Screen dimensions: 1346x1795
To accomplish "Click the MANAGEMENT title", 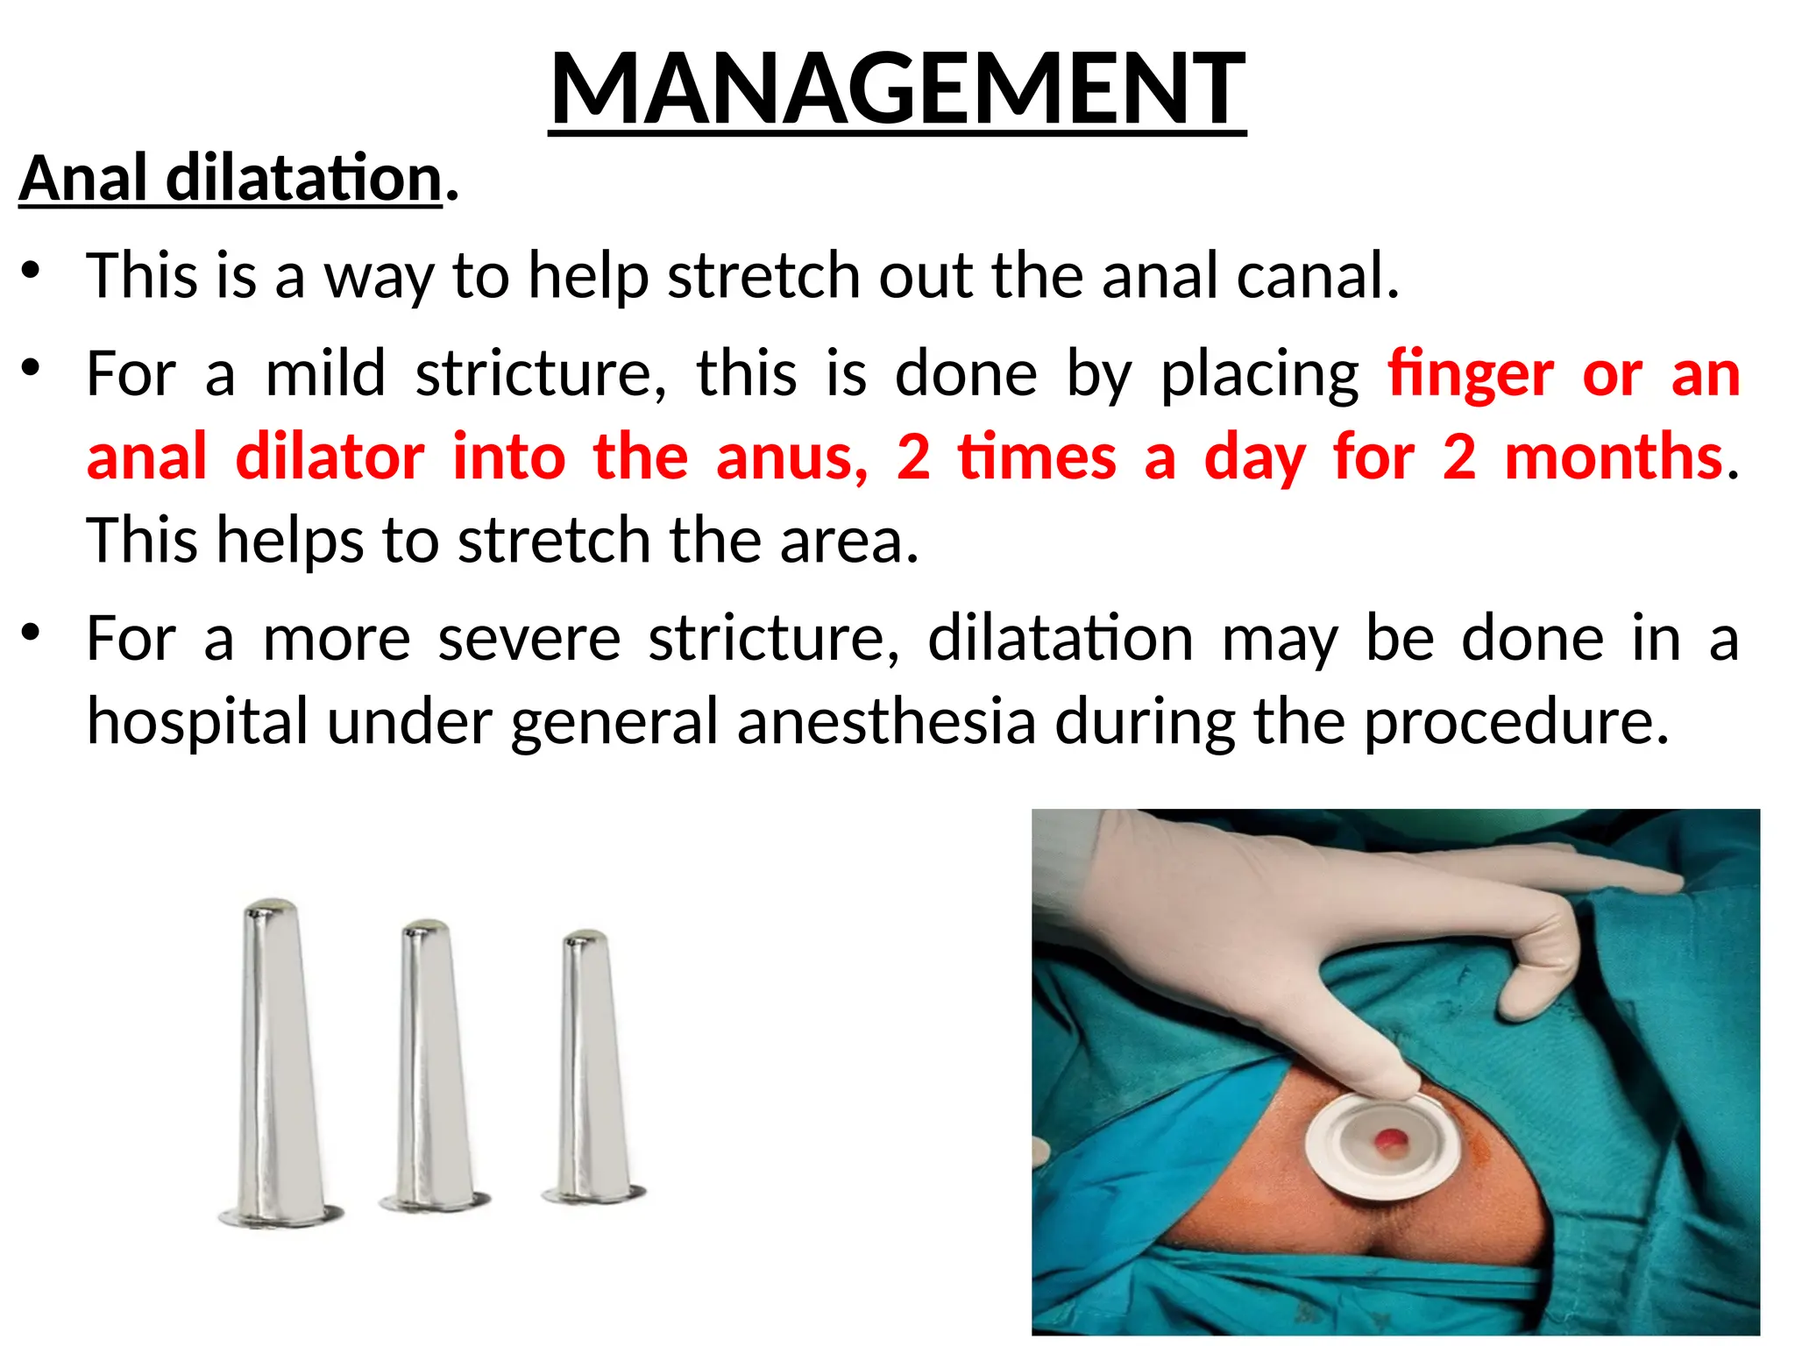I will point(897,89).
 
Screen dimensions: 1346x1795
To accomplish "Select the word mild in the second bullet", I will point(325,374).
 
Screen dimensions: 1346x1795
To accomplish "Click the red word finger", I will point(1470,374).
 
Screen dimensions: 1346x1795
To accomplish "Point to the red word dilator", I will point(330,457).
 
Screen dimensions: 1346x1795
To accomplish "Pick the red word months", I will point(1614,457).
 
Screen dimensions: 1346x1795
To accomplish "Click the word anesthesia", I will point(886,722).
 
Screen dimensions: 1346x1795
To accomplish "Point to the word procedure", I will point(1516,722).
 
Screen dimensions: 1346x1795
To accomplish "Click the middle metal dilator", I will point(431,1065).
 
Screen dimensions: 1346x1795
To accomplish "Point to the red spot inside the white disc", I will point(1389,1140).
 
